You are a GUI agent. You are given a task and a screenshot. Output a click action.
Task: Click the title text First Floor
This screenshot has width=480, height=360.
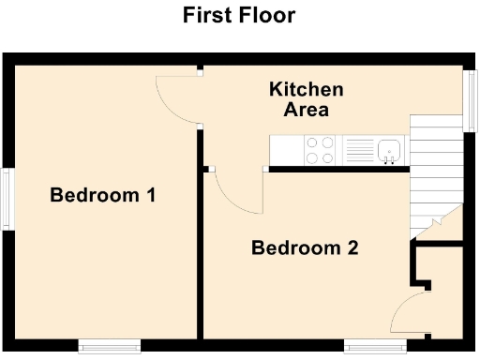[x=239, y=15]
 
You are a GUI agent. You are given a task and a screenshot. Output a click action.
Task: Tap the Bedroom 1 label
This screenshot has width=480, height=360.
[x=102, y=196]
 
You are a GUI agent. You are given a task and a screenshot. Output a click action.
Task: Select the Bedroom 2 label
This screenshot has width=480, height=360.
[x=305, y=248]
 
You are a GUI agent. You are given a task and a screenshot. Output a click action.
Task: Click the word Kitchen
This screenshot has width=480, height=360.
[x=306, y=90]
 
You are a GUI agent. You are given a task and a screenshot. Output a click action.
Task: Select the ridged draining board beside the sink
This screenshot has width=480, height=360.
[x=359, y=150]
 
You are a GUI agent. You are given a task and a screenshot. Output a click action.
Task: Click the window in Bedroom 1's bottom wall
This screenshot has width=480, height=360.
[x=109, y=344]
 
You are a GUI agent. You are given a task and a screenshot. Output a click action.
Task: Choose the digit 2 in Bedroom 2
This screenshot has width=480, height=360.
[x=352, y=248]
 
